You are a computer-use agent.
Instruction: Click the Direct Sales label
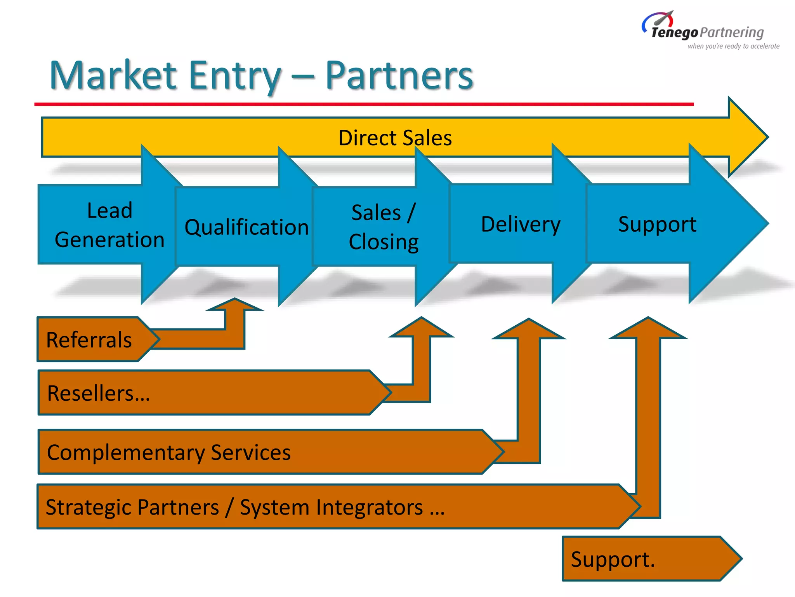tap(395, 138)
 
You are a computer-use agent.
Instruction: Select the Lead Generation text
tap(109, 225)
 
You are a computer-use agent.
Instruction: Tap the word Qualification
tap(246, 227)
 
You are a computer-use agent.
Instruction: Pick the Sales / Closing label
tap(384, 227)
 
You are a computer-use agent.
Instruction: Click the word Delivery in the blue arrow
tap(521, 224)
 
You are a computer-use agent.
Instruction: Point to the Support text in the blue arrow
tap(657, 224)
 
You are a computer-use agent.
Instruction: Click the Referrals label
tap(89, 340)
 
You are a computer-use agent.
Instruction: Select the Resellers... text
tap(98, 393)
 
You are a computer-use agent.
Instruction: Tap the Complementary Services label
tap(168, 452)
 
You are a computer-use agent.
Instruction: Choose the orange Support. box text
tap(613, 559)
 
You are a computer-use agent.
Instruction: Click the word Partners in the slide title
tap(399, 75)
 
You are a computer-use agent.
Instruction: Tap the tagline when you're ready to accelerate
tap(733, 46)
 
